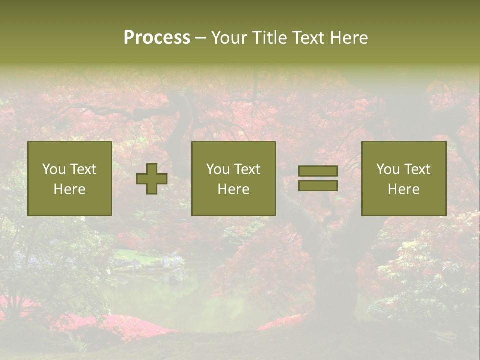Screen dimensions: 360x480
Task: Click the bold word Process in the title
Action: click(x=157, y=38)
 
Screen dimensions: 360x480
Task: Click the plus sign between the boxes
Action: click(x=152, y=179)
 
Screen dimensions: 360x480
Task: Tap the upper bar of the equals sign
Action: click(x=318, y=171)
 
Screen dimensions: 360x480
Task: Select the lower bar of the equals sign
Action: click(x=318, y=186)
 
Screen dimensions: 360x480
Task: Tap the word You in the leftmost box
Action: click(x=53, y=169)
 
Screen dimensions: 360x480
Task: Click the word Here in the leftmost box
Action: click(x=70, y=189)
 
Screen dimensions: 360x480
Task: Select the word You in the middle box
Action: click(x=217, y=169)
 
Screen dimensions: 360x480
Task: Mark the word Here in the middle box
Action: click(x=234, y=189)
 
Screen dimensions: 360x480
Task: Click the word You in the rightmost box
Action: click(x=387, y=169)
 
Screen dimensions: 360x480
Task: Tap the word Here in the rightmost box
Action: click(x=404, y=189)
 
